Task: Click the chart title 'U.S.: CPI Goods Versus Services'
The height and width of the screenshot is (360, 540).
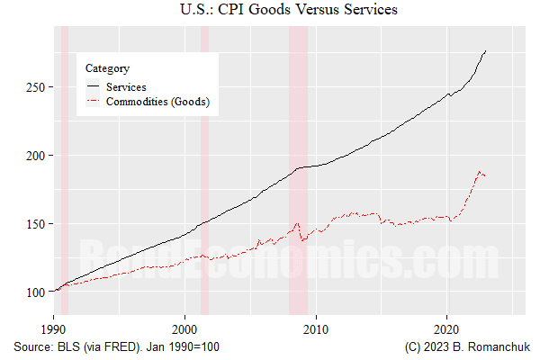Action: (x=270, y=11)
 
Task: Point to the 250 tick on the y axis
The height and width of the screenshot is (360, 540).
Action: (x=39, y=87)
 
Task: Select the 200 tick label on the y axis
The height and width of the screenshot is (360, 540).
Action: (x=39, y=156)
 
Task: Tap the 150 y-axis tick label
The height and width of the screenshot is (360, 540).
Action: (x=39, y=224)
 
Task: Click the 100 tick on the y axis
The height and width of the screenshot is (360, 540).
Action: (x=39, y=292)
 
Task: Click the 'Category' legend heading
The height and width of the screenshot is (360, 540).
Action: (x=106, y=67)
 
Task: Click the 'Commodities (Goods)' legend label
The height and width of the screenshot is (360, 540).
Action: (x=157, y=103)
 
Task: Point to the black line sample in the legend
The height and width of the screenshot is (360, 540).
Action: (x=94, y=86)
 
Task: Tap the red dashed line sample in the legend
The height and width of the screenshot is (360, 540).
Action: (x=94, y=103)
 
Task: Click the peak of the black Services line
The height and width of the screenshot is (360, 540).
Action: (x=486, y=51)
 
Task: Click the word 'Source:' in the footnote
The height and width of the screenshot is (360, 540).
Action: (x=34, y=346)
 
